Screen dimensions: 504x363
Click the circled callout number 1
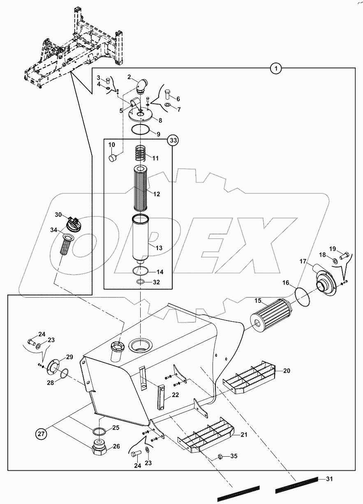tap(276, 69)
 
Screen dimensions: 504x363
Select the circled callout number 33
tap(173, 141)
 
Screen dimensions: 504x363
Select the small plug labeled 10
tap(113, 158)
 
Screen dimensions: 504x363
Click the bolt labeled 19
tap(344, 255)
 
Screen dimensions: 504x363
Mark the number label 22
tap(176, 395)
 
